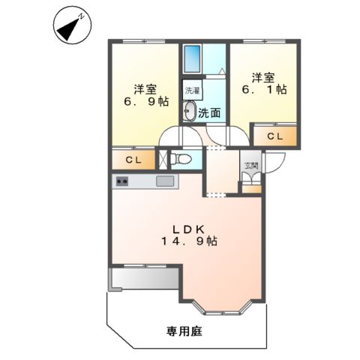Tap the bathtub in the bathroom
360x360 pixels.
click(x=192, y=59)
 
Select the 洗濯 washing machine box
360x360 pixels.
click(x=192, y=88)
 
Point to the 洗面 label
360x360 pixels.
click(x=209, y=113)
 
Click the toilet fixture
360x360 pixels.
click(x=178, y=159)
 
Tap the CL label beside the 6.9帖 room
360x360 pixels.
click(x=134, y=160)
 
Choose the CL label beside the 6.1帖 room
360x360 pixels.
click(x=274, y=136)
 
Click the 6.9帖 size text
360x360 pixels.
click(x=147, y=102)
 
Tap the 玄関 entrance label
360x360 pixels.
click(x=250, y=166)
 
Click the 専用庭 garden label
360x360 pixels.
click(x=184, y=330)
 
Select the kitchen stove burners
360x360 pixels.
click(x=121, y=181)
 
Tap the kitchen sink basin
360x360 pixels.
click(x=165, y=181)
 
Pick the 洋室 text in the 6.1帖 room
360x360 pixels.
click(x=263, y=76)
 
